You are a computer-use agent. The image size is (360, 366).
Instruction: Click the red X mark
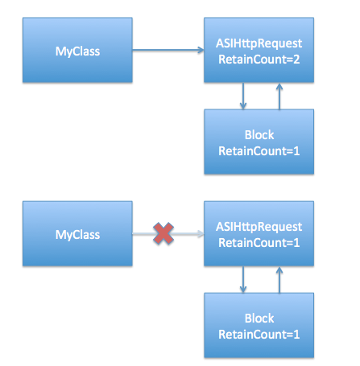tap(163, 233)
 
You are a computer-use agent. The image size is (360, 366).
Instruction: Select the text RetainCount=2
tap(259, 60)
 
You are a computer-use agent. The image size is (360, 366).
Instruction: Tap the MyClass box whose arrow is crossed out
tap(77, 233)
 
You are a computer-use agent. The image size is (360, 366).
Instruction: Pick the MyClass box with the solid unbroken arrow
tap(77, 50)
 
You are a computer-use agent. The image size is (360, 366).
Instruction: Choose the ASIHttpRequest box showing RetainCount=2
tap(259, 50)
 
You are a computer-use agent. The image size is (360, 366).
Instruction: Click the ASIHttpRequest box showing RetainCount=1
tap(259, 233)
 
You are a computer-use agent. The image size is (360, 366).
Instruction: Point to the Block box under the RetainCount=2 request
tap(259, 142)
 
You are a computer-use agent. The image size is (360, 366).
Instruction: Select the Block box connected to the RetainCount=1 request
tap(259, 325)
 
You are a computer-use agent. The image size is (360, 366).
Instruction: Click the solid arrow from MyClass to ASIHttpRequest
tap(168, 50)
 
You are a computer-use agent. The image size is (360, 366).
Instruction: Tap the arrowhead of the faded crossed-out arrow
tap(201, 233)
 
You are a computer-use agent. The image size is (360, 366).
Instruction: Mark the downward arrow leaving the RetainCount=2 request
tap(243, 96)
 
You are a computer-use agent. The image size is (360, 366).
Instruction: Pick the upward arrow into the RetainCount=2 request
tap(279, 97)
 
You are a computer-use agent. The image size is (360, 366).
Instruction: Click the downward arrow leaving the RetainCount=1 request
tap(243, 280)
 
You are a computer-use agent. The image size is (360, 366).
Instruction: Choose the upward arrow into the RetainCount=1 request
tap(279, 280)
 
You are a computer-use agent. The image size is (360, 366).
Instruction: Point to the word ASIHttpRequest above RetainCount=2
tap(259, 43)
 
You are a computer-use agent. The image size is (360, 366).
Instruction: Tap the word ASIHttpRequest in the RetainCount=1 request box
tap(259, 227)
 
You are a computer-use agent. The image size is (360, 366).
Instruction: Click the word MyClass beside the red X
tap(77, 235)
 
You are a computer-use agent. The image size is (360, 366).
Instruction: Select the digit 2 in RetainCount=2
tap(296, 60)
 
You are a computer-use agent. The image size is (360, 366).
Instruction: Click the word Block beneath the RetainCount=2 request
tap(259, 134)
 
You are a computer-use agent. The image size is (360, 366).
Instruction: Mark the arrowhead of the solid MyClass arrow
tap(201, 50)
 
